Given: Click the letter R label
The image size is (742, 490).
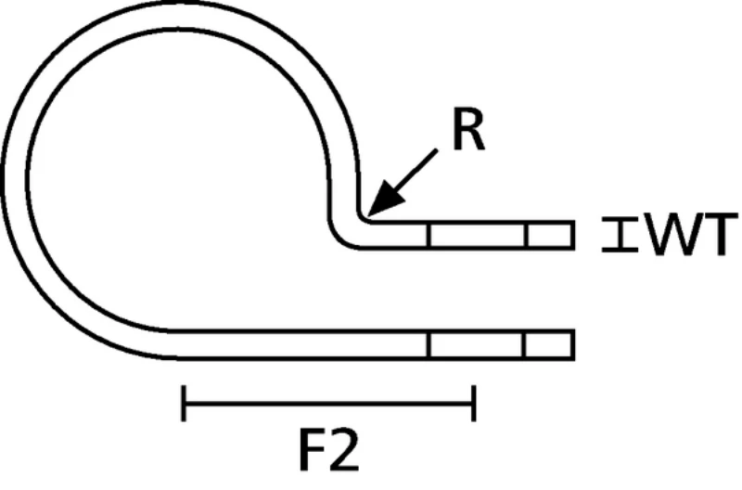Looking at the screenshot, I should click(x=468, y=132).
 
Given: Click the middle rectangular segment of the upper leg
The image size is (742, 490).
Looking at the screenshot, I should click(x=477, y=236).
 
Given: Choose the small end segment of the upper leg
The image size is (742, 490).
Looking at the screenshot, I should click(x=549, y=236).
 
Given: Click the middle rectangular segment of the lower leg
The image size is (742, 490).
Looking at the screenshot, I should click(x=477, y=345).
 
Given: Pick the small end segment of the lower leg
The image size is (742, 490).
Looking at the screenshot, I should click(x=549, y=345).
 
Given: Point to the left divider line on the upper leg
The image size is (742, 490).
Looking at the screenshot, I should click(x=429, y=236).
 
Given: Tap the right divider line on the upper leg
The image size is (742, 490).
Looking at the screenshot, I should click(x=526, y=236).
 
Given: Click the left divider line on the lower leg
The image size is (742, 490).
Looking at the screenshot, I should click(x=429, y=345).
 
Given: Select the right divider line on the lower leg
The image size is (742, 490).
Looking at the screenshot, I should click(x=525, y=345).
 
